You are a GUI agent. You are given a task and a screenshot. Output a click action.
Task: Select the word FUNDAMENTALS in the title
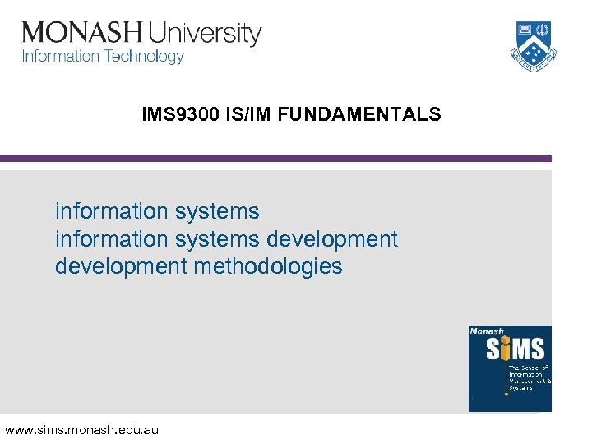[359, 115]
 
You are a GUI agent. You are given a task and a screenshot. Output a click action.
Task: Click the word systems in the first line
[218, 212]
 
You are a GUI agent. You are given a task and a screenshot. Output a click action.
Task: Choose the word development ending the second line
[331, 239]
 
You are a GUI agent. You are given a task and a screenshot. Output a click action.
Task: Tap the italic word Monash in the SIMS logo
[486, 331]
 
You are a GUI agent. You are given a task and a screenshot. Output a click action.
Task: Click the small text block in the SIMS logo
[530, 377]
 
